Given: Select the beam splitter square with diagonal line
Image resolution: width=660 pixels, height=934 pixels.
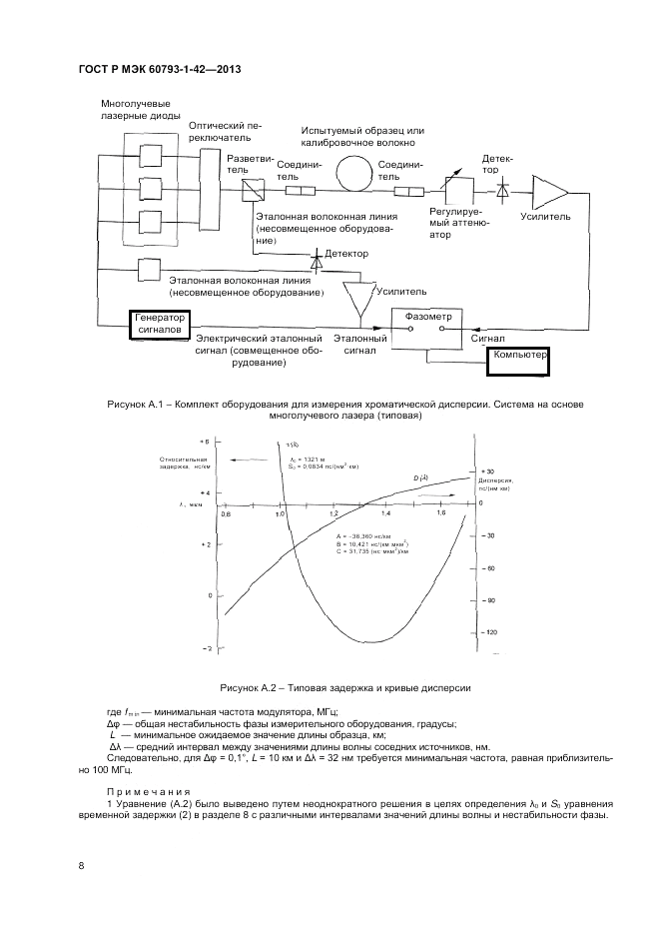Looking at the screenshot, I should (x=250, y=190).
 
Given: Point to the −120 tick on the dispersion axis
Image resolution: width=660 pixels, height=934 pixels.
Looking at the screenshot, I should (x=491, y=632).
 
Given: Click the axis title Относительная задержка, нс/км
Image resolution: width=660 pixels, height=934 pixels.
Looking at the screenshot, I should (x=183, y=463).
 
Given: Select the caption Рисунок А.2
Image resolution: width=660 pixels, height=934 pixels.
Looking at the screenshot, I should (x=330, y=688).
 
